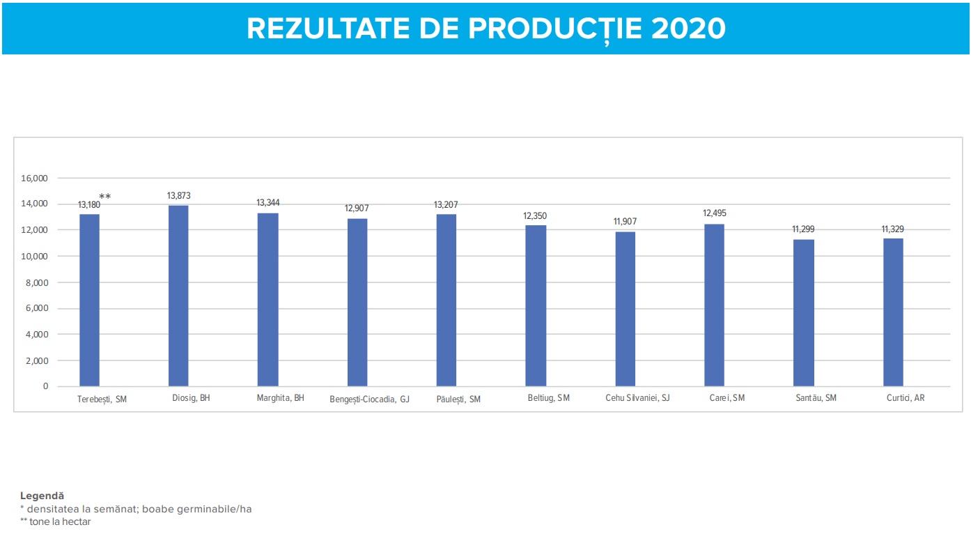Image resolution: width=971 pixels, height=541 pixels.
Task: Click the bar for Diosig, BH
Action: [x=178, y=296]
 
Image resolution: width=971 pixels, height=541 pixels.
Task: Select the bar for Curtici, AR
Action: [x=893, y=312]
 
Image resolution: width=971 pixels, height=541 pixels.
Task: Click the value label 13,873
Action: [x=178, y=196]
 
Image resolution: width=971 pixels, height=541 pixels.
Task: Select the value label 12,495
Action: [x=715, y=213]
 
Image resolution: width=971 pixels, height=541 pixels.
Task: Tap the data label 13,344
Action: [x=268, y=203]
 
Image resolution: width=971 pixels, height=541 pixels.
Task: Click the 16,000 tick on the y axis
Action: [x=34, y=178]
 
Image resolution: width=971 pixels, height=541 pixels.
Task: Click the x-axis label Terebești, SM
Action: [x=102, y=399]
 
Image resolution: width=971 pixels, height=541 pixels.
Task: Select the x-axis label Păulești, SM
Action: [x=458, y=399]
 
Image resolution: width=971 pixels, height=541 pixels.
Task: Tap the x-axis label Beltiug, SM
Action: [x=549, y=398]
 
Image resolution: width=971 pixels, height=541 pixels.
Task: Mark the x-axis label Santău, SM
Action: [x=816, y=398]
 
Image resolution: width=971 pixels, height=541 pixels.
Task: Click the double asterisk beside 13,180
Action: [x=105, y=197]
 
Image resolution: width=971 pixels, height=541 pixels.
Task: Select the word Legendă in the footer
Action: [x=42, y=496]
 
